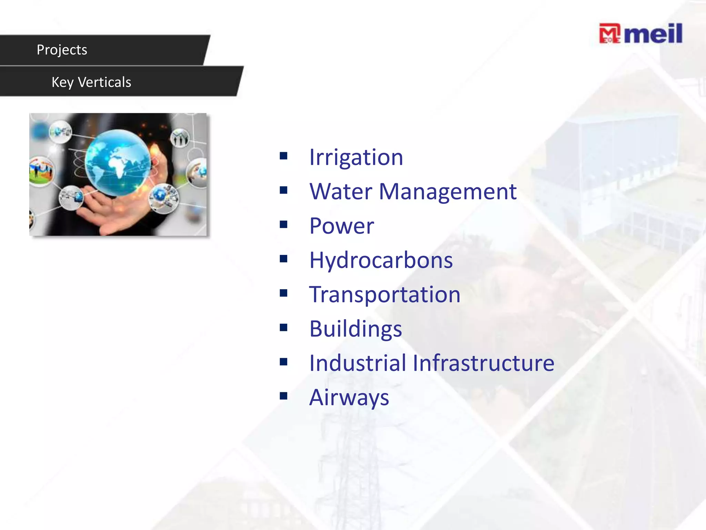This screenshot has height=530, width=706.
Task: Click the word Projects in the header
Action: coord(62,50)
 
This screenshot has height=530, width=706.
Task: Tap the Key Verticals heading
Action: coord(91,82)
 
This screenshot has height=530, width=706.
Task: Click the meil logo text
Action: coord(654,34)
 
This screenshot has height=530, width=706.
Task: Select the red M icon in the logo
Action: coord(609,33)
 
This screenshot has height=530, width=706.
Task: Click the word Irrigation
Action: coord(356,157)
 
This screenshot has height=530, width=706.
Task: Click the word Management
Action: coord(448,192)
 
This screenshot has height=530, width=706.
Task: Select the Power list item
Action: coord(342,226)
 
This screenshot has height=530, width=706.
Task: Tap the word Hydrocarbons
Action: coord(381,260)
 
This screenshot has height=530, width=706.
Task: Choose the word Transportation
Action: coord(385,295)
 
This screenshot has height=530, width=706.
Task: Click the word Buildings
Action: coord(356,329)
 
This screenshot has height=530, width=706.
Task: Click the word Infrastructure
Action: coord(483,363)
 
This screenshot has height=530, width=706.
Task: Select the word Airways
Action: coord(349,397)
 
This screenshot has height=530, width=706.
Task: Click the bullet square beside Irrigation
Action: coord(284,156)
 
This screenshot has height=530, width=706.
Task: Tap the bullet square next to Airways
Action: coord(284,396)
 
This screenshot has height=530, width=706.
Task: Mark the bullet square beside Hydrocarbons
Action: coord(284,259)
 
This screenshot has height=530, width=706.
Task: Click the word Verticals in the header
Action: coord(104,82)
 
